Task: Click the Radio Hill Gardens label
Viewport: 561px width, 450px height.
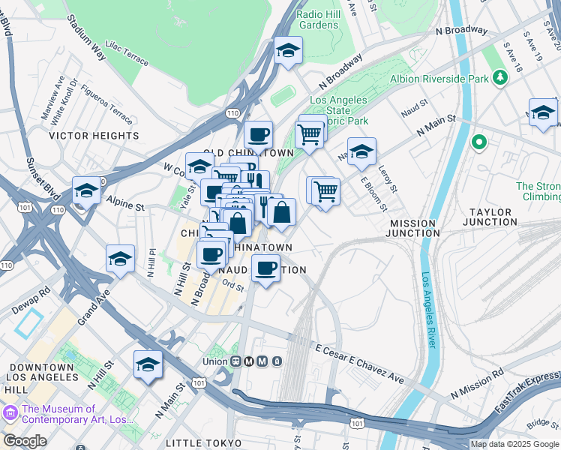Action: pyautogui.click(x=317, y=19)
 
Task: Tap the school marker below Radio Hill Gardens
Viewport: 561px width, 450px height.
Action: pyautogui.click(x=288, y=51)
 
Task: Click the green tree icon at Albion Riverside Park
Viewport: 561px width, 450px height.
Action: pyautogui.click(x=499, y=78)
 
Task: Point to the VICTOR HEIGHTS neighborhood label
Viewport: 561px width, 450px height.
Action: pyautogui.click(x=94, y=136)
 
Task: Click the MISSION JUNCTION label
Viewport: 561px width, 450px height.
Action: pyautogui.click(x=412, y=228)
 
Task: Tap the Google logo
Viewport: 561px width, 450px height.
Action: pyautogui.click(x=25, y=441)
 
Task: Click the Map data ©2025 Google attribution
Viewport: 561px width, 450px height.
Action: pyautogui.click(x=514, y=444)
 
